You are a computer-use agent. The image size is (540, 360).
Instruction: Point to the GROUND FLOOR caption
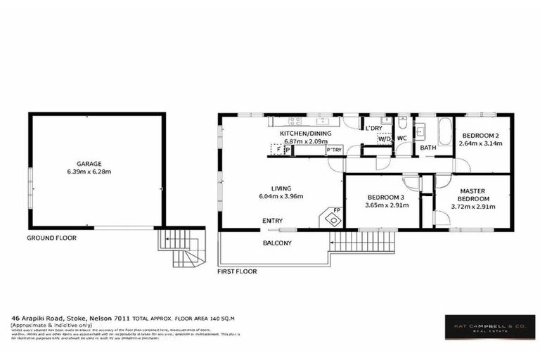(x=51, y=238)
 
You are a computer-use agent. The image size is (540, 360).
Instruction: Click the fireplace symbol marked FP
(x=330, y=218)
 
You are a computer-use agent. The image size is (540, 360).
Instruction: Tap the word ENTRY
(x=273, y=221)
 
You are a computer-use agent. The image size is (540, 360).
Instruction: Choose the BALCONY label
(x=277, y=243)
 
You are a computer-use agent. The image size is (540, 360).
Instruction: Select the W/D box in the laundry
(x=384, y=139)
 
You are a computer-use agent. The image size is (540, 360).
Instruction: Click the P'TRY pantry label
(x=334, y=149)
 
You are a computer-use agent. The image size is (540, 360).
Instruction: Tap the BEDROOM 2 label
(x=482, y=135)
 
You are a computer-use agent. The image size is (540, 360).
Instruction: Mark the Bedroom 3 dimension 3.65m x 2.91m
(x=381, y=206)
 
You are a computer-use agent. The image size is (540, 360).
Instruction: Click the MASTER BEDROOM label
(x=473, y=195)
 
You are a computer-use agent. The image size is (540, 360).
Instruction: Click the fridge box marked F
(x=278, y=149)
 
